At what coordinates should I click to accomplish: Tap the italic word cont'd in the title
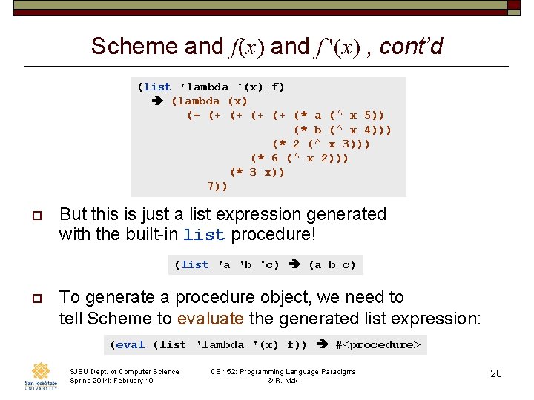tap(411, 47)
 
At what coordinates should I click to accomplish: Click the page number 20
tap(496, 373)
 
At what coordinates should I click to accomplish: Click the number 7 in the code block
tap(210, 186)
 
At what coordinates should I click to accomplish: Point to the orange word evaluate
tap(210, 319)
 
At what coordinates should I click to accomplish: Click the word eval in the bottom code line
tap(131, 344)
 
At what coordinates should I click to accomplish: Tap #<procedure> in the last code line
tap(378, 344)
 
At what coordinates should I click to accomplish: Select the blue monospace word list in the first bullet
tap(204, 236)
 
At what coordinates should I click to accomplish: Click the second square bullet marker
tap(36, 299)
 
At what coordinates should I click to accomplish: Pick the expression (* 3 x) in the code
tap(257, 172)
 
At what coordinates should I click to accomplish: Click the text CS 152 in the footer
tap(225, 371)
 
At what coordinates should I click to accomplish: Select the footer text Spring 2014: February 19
tap(111, 381)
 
